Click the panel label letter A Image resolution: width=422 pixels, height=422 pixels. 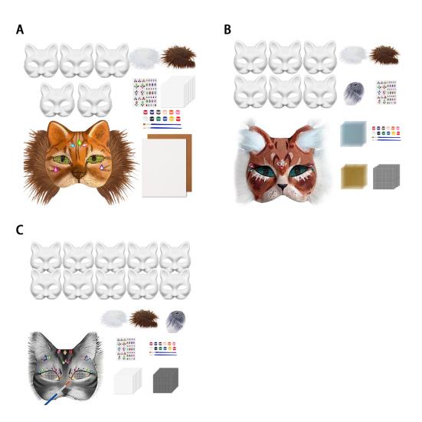(x=20, y=30)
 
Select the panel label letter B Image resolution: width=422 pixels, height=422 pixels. (x=227, y=30)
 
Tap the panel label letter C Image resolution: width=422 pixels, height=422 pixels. (x=20, y=230)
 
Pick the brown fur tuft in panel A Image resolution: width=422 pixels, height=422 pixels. (x=178, y=57)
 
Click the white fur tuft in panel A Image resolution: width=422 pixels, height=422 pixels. (x=143, y=57)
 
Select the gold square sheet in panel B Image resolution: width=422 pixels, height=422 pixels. (x=353, y=176)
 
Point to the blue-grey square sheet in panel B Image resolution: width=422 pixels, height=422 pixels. (x=353, y=133)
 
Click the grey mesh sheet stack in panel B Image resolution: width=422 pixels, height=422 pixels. (x=386, y=177)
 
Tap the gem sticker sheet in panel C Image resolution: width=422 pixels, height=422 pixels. (x=126, y=348)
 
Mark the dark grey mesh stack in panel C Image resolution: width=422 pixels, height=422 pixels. (x=165, y=380)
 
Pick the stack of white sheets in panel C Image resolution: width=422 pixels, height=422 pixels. (x=128, y=381)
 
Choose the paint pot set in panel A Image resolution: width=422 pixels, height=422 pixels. (x=162, y=117)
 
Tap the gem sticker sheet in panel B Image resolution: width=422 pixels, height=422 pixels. (x=387, y=92)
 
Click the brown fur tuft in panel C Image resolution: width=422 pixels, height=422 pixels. (x=143, y=318)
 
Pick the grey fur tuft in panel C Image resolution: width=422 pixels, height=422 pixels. (x=175, y=320)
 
